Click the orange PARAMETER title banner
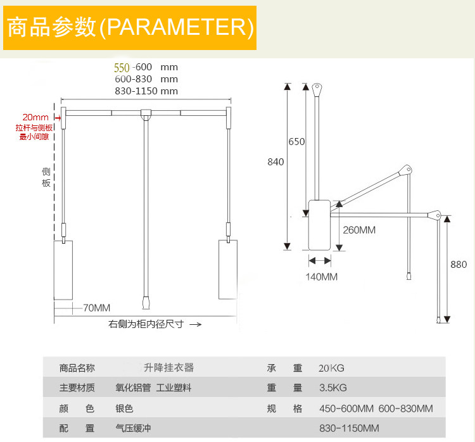click(130, 28)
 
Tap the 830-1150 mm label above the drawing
click(146, 91)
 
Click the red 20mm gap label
click(35, 117)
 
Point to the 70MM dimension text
click(96, 308)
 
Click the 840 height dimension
click(275, 161)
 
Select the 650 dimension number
click(296, 142)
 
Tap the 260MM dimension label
click(359, 230)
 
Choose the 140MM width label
click(322, 277)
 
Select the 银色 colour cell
click(124, 408)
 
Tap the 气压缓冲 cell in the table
click(133, 429)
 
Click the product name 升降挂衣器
click(168, 367)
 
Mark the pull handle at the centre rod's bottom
click(146, 303)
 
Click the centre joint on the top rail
click(146, 115)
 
